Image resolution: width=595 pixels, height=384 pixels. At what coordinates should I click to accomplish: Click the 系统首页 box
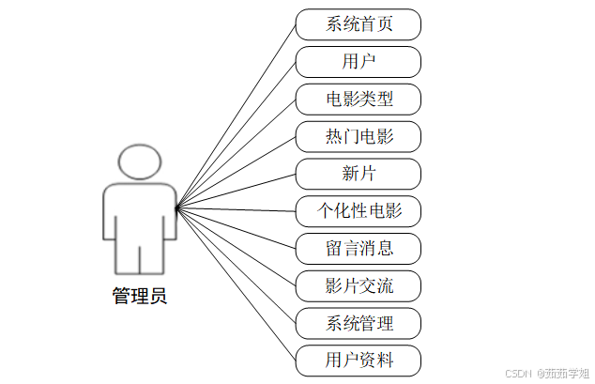(359, 24)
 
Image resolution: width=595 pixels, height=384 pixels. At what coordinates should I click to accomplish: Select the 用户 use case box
(359, 62)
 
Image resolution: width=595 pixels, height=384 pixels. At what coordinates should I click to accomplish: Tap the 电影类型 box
(359, 100)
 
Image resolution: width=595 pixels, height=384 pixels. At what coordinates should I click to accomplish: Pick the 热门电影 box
(359, 137)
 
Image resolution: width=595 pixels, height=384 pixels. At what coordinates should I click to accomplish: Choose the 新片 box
(359, 174)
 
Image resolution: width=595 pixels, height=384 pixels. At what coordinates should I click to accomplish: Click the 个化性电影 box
(359, 211)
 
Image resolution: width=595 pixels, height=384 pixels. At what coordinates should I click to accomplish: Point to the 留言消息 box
(359, 249)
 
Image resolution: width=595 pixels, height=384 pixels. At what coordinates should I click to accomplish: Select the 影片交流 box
(359, 285)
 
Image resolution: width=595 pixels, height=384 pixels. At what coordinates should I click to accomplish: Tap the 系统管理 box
(359, 323)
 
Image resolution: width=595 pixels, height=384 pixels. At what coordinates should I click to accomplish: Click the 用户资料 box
(359, 361)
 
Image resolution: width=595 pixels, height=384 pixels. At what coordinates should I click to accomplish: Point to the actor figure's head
(140, 162)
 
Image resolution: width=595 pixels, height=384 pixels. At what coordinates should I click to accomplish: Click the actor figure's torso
(140, 211)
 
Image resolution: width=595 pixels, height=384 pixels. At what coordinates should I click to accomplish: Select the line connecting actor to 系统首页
(236, 115)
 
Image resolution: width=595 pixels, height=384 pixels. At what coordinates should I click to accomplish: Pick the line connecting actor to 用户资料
(236, 284)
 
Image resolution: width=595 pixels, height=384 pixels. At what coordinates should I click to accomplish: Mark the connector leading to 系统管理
(236, 265)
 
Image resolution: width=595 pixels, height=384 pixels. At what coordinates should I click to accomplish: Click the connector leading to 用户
(236, 133)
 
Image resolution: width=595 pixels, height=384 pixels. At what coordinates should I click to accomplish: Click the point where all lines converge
(176, 207)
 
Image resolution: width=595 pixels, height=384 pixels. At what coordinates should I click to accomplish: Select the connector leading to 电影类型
(236, 152)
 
